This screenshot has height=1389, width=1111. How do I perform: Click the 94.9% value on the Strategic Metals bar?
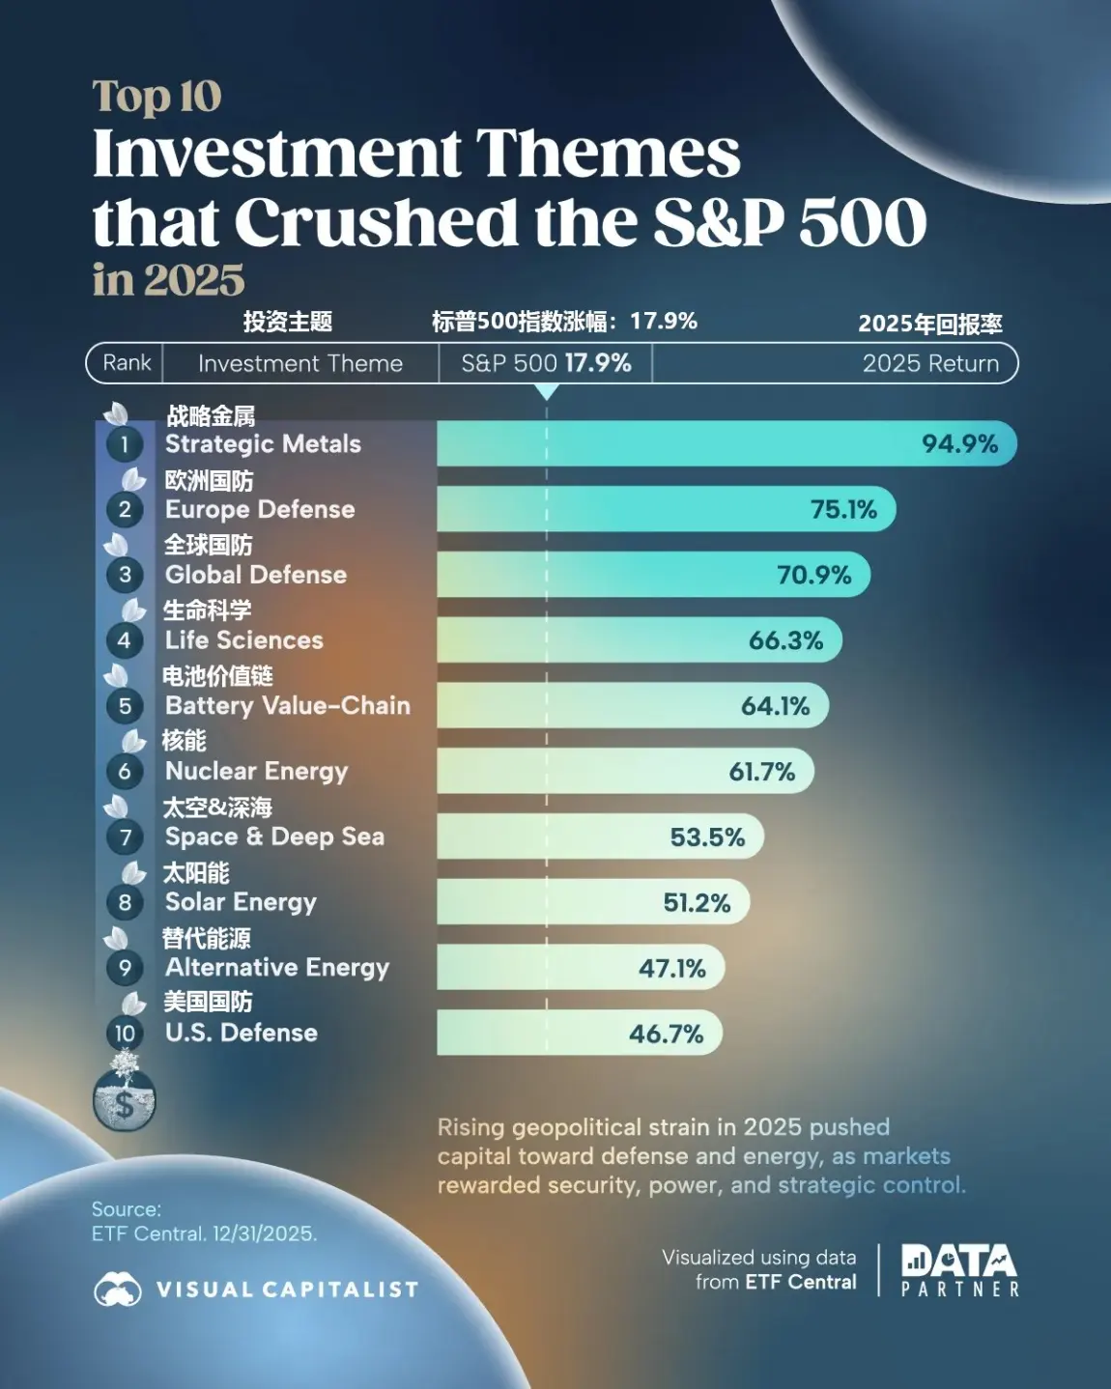(x=959, y=444)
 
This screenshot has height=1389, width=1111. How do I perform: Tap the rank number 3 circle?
(x=125, y=576)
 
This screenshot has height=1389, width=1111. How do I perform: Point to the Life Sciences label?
(x=243, y=640)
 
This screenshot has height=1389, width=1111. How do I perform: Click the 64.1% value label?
(x=775, y=706)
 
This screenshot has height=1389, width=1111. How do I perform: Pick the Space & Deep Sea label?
(x=274, y=836)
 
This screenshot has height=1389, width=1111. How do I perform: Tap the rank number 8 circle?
(x=125, y=903)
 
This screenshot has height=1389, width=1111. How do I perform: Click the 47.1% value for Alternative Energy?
(x=671, y=968)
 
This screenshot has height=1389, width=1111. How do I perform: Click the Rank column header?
(x=127, y=363)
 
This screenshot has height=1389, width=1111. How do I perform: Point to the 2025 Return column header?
(x=929, y=364)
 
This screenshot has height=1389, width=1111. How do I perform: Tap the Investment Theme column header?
(x=299, y=364)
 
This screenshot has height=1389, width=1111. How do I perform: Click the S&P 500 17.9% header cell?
(x=546, y=364)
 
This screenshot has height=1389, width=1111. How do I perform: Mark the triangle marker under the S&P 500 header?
(x=547, y=392)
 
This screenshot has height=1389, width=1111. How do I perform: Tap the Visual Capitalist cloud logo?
(x=117, y=1290)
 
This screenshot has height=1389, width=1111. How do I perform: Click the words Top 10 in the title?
(x=157, y=97)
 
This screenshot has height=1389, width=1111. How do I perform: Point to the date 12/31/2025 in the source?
(x=264, y=1233)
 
